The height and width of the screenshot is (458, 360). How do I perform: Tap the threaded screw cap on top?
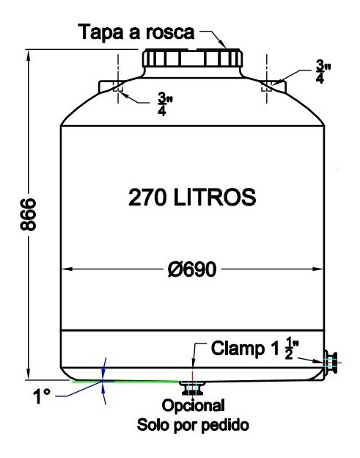(192, 59)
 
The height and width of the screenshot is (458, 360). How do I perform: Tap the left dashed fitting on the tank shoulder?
(120, 89)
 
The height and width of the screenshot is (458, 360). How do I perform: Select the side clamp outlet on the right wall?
(331, 360)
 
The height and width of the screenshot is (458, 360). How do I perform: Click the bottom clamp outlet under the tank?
(193, 387)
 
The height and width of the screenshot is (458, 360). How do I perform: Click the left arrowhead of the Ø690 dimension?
(64, 269)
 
